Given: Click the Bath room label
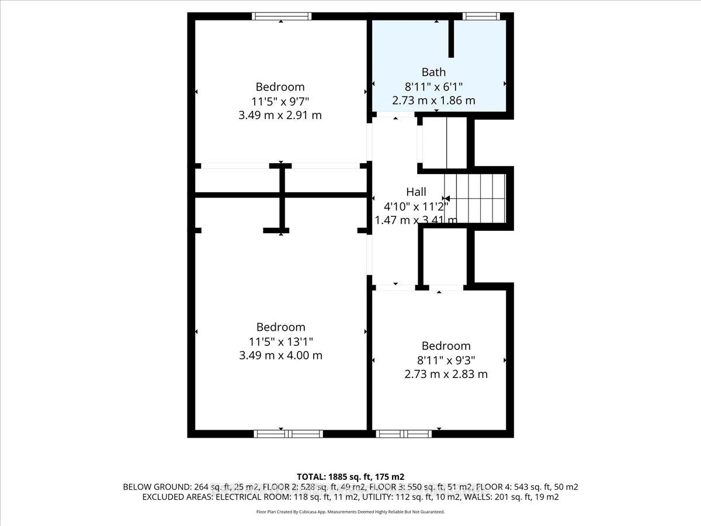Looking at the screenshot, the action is pyautogui.click(x=433, y=72).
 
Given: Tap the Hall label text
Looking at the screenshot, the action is pyautogui.click(x=416, y=192).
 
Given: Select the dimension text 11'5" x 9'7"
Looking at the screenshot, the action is pyautogui.click(x=280, y=102).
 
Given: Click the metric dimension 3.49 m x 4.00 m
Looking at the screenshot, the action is pyautogui.click(x=280, y=355).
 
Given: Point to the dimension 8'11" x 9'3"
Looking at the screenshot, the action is pyautogui.click(x=446, y=360).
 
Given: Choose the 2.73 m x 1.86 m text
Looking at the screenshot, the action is pyautogui.click(x=433, y=101).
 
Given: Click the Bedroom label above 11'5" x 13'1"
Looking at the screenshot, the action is pyautogui.click(x=280, y=327).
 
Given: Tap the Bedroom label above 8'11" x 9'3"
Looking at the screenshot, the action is pyautogui.click(x=446, y=346).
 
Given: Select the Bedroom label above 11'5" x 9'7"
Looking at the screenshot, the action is pyautogui.click(x=280, y=87).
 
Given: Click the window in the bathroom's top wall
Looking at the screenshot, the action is pyautogui.click(x=481, y=16).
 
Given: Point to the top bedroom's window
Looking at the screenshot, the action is pyautogui.click(x=282, y=16).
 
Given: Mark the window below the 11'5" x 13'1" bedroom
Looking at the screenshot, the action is pyautogui.click(x=289, y=434).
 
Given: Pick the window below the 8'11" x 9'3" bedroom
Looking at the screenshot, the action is pyautogui.click(x=404, y=434).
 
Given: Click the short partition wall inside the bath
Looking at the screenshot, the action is pyautogui.click(x=451, y=39).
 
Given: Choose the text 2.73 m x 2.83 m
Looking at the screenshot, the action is pyautogui.click(x=446, y=374).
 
